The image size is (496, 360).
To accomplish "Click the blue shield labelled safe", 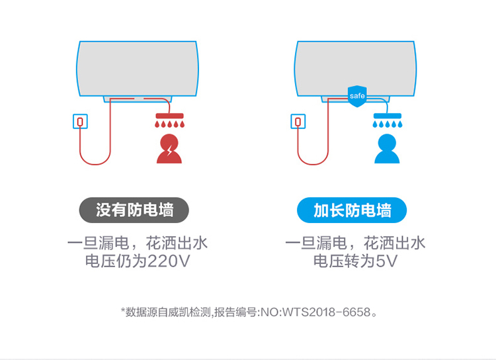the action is pyautogui.click(x=357, y=96).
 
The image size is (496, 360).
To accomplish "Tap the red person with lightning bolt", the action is pyautogui.click(x=169, y=149).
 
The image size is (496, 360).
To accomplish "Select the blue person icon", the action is pyautogui.click(x=387, y=149).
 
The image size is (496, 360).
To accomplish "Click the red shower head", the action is pyautogui.click(x=169, y=116).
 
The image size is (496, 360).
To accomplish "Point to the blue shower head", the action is pyautogui.click(x=387, y=116).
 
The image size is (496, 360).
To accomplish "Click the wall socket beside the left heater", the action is pyautogui.click(x=80, y=121).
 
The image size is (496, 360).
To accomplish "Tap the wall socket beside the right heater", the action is pyautogui.click(x=298, y=121).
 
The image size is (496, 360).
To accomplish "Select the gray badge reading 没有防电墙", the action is pyautogui.click(x=134, y=210).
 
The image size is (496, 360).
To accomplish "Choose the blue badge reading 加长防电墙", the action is pyautogui.click(x=352, y=210).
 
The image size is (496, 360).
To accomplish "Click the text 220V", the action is pyautogui.click(x=169, y=261).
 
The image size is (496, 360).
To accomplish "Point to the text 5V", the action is pyautogui.click(x=386, y=261).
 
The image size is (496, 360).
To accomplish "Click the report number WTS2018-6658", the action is pyautogui.click(x=326, y=312).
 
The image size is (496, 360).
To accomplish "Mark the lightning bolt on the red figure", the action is pyautogui.click(x=170, y=150).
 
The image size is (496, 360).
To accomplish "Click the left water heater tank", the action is pyautogui.click(x=138, y=69).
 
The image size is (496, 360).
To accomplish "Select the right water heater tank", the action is pyautogui.click(x=355, y=69).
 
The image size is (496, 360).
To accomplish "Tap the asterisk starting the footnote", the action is pyautogui.click(x=123, y=310).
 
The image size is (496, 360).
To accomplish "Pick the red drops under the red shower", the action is pyautogui.click(x=169, y=124).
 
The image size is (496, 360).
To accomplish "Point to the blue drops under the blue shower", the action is pyautogui.click(x=387, y=124).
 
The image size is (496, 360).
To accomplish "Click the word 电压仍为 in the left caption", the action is pyautogui.click(x=116, y=261).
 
